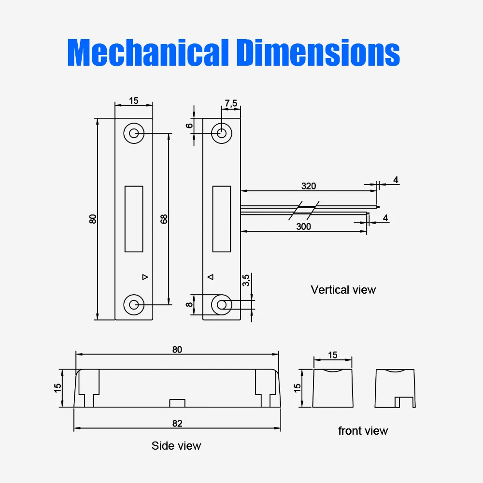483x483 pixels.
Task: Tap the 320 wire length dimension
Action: [309, 186]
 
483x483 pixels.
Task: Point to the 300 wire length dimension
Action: [304, 226]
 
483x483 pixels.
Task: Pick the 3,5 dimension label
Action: [245, 280]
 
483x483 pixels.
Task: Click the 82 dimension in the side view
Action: [177, 423]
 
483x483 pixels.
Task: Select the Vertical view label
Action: [343, 290]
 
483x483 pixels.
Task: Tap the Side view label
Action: [176, 445]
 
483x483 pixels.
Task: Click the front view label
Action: [363, 431]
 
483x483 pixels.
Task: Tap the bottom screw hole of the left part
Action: [134, 304]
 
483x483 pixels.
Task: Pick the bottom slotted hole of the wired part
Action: [222, 304]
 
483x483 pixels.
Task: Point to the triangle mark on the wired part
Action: [210, 277]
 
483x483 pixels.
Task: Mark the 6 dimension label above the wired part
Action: [190, 125]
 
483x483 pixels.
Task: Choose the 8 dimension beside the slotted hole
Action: [190, 304]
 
